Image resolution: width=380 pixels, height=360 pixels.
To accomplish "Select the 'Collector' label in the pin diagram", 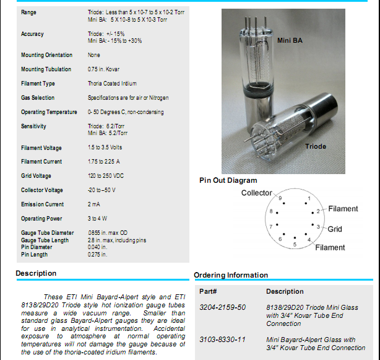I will coord(256,193).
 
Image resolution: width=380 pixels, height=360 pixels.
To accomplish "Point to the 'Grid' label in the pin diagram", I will coord(335,229).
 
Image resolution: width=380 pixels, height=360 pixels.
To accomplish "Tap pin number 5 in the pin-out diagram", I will coord(295,244).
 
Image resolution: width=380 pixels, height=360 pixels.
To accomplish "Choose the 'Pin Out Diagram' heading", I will coord(228,180).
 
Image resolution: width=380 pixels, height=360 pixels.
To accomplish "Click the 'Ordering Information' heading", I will coord(231,275).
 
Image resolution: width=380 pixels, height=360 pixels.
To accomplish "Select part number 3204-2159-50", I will coord(222,307).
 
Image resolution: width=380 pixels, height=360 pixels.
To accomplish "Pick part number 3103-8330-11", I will coord(222,340).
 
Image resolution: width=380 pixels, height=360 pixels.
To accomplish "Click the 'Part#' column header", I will coord(207,291).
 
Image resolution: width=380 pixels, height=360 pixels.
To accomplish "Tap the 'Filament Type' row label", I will coord(38,84).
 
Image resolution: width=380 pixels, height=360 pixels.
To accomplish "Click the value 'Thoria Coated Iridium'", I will coord(112,84).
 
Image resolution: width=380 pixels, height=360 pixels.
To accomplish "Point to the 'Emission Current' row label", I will coord(42,204).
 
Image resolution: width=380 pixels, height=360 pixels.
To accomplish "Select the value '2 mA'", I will coord(94,204).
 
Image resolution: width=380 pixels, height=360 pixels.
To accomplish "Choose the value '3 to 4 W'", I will coord(98,219).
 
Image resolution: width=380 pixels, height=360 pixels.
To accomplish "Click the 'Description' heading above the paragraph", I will coord(36,273).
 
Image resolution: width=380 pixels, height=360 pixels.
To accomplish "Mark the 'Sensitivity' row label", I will coord(33,126).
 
